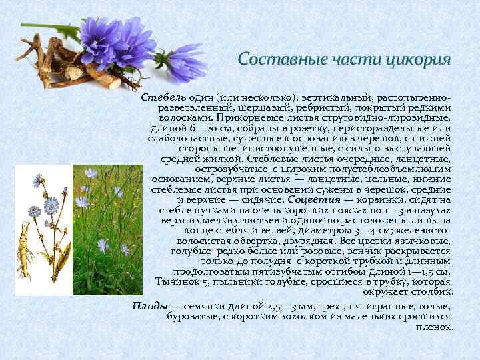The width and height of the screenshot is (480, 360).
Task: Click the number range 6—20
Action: (194, 128)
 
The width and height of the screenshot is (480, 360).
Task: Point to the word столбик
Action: (433, 292)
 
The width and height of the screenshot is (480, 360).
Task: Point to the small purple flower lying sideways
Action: (186, 63)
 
